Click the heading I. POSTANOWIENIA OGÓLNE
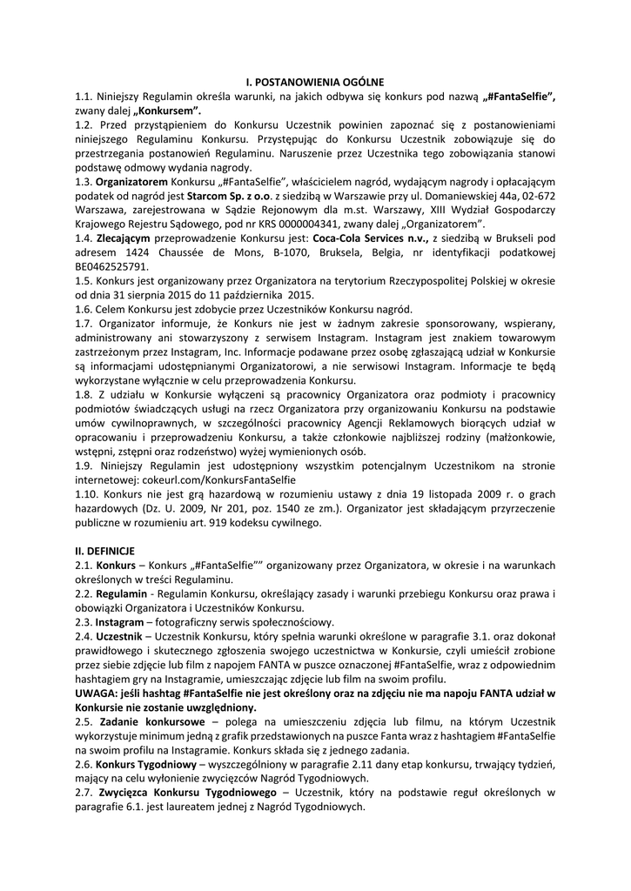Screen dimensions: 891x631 [315, 83]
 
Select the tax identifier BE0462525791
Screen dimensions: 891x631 [112, 266]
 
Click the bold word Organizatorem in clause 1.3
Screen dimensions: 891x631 [132, 183]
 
